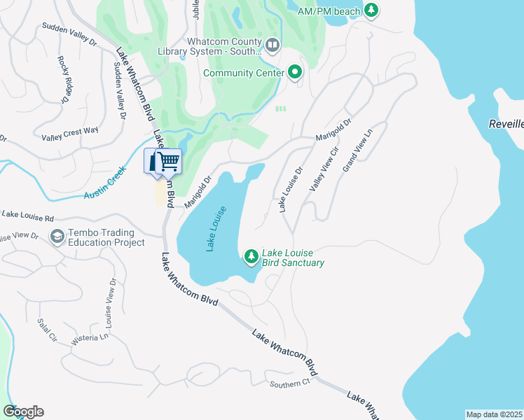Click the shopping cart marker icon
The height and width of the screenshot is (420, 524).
click(x=168, y=161)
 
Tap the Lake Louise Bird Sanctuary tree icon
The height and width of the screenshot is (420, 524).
click(x=251, y=258)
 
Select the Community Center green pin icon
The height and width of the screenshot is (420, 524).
click(x=295, y=72)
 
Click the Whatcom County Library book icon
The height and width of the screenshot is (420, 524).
click(x=272, y=46)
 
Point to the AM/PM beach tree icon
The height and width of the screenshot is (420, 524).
click(x=373, y=10)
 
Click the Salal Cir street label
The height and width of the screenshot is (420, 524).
click(x=48, y=330)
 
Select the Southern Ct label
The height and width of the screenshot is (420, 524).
click(x=289, y=384)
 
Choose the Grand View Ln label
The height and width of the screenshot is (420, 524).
click(x=357, y=148)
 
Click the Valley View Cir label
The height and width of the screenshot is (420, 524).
click(x=324, y=169)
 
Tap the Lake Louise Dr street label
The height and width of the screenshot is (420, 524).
click(x=290, y=189)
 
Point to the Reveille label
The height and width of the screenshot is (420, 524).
click(x=506, y=124)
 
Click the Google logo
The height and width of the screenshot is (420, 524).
click(x=23, y=412)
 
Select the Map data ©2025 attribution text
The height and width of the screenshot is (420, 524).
click(x=495, y=414)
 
